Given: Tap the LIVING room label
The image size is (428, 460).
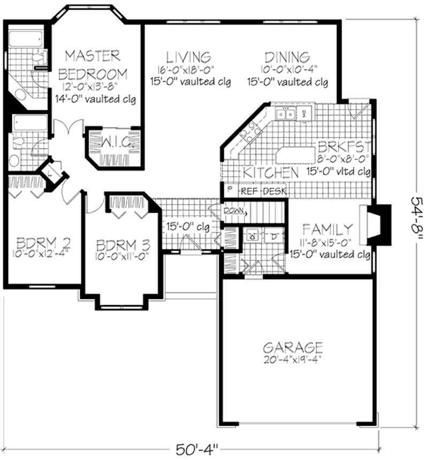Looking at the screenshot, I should [187, 57].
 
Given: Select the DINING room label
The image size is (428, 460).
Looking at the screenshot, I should [287, 57].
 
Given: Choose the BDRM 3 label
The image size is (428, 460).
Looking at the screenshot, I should [123, 245].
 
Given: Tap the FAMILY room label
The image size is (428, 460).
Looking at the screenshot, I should [327, 229].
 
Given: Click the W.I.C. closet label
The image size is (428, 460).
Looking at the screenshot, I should [114, 142].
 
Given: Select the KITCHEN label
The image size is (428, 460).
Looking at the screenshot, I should [271, 173].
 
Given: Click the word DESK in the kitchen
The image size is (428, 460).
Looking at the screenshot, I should [274, 191].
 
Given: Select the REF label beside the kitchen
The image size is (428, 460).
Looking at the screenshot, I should [249, 191].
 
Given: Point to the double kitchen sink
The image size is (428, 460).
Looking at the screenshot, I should [284, 114].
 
